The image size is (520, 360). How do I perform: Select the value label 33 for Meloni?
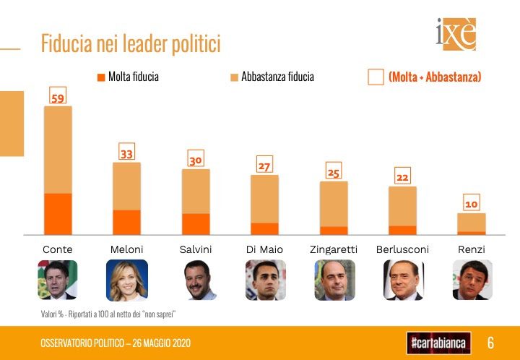[x=127, y=153]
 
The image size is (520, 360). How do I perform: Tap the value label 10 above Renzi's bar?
[x=472, y=205]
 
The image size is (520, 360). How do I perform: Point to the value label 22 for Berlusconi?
[x=402, y=177]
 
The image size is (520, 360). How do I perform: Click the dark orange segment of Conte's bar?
[x=58, y=214]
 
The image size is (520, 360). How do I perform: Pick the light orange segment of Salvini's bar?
[x=196, y=192]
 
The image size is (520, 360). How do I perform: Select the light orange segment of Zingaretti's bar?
[x=334, y=204]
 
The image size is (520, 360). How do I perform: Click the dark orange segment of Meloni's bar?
[x=127, y=222]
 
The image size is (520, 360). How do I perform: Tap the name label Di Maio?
[x=264, y=249]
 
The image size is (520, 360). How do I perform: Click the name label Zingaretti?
[x=334, y=249]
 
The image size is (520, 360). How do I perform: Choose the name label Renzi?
[x=472, y=249]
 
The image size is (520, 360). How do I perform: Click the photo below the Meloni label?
[x=127, y=280]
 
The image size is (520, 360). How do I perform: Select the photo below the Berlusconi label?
[x=403, y=280]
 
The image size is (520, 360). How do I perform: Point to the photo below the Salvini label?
[x=196, y=280]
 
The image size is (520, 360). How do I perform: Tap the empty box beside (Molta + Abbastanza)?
[x=376, y=77]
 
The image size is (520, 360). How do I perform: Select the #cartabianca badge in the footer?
[x=438, y=341]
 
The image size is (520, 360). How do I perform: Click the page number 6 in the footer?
[x=490, y=342]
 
